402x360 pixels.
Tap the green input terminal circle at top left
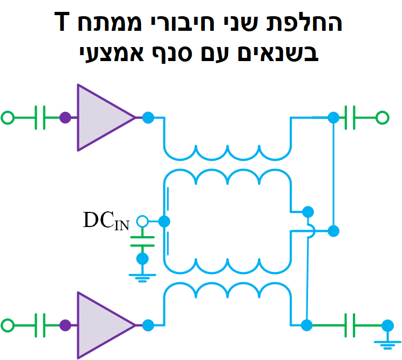pos(8,117)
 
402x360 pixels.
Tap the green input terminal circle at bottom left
pos(8,325)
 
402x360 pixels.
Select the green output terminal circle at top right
pos(382,117)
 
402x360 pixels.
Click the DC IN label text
pos(106,221)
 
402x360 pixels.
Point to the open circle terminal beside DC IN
pos(142,221)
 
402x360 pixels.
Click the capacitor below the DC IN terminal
pos(142,241)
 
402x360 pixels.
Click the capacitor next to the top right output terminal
pos(354,117)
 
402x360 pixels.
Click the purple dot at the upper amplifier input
pos(65,117)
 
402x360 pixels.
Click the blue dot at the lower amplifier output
pos(148,325)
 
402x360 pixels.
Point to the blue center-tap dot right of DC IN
pos(164,221)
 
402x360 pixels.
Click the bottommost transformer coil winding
pos(227,292)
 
